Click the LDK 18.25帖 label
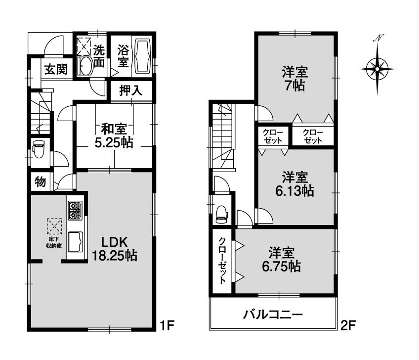pyautogui.click(x=115, y=249)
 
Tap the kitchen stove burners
pyautogui.click(x=75, y=210)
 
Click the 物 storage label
pyautogui.click(x=40, y=182)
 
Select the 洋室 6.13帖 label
pyautogui.click(x=295, y=184)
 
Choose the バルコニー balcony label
pyautogui.click(x=272, y=315)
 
